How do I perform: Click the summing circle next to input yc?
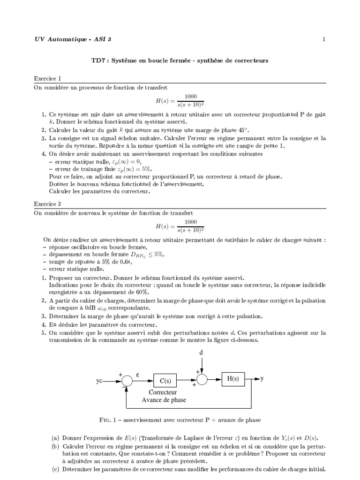[126, 382]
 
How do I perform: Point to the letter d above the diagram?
[202, 352]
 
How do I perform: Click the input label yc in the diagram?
[99, 382]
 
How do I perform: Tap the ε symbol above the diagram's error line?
[138, 375]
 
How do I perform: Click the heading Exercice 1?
[47, 78]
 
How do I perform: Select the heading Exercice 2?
[47, 204]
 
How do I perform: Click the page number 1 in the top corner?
[324, 39]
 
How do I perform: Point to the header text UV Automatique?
[61, 39]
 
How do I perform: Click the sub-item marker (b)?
[55, 445]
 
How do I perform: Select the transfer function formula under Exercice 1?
[180, 100]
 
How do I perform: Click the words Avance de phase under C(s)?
[164, 400]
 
